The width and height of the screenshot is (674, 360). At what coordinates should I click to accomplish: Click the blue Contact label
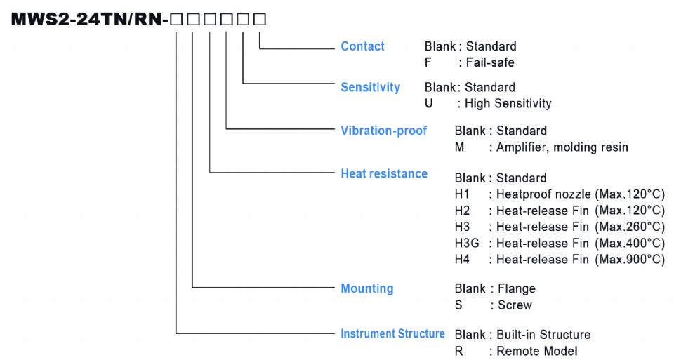click(362, 46)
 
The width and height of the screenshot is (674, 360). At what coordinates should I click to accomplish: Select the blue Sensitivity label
click(370, 87)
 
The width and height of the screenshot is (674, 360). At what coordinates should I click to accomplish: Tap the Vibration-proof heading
click(383, 131)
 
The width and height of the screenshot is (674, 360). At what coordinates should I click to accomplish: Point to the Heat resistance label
click(383, 173)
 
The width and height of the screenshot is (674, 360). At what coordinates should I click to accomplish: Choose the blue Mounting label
click(366, 288)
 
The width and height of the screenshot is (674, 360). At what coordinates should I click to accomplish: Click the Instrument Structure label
click(392, 333)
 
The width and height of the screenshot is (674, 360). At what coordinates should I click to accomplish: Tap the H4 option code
click(462, 259)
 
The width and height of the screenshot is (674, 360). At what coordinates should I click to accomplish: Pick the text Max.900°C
click(629, 259)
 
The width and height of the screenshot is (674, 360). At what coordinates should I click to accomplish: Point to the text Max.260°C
click(629, 227)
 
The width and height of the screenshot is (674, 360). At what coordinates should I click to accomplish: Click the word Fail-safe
click(490, 62)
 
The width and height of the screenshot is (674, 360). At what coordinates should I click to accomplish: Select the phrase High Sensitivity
click(508, 103)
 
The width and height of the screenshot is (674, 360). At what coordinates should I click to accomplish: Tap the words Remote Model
click(537, 350)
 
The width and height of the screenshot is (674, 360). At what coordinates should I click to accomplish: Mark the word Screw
click(515, 305)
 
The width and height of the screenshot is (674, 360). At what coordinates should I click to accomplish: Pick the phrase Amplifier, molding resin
click(562, 147)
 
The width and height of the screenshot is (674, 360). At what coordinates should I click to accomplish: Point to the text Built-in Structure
click(543, 334)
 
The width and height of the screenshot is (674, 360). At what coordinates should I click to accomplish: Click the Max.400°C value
click(629, 243)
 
